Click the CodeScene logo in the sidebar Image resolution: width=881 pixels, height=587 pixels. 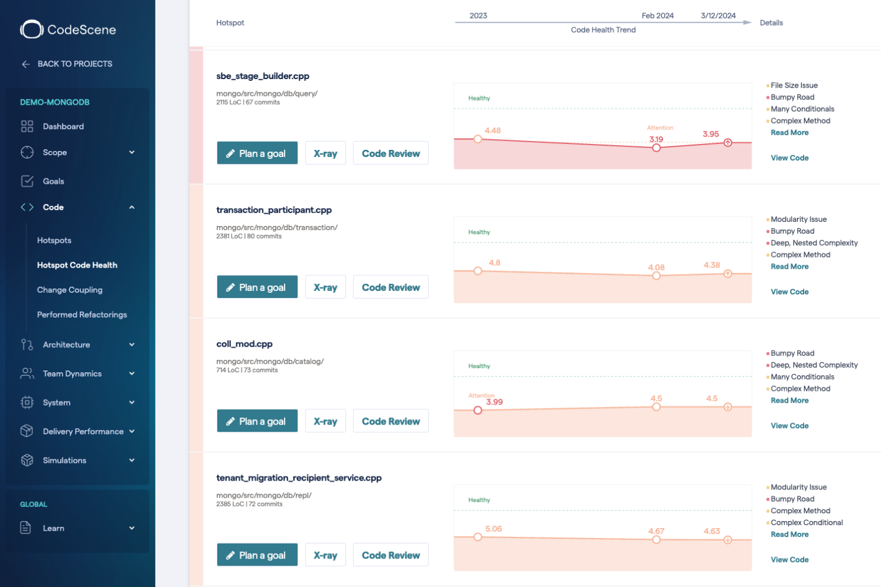tap(68, 30)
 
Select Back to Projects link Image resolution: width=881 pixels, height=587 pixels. tap(74, 64)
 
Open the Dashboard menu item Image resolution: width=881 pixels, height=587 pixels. tap(63, 126)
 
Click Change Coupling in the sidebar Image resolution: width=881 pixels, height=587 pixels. tap(70, 290)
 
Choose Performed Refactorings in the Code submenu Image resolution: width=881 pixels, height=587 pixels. tap(82, 315)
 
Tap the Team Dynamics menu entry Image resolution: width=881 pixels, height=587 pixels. tap(72, 373)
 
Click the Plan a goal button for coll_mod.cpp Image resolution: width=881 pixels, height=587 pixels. tap(257, 421)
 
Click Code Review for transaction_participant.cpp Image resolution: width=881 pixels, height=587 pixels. tap(390, 287)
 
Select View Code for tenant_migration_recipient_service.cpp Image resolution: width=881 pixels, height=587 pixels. tap(789, 560)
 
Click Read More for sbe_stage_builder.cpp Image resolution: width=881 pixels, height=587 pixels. tap(789, 133)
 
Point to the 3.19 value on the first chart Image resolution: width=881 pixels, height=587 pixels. tap(656, 139)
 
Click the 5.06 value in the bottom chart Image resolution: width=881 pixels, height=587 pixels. tap(493, 529)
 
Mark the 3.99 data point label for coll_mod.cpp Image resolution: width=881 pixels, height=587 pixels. tap(494, 402)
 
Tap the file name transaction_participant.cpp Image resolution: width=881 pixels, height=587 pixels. tap(274, 210)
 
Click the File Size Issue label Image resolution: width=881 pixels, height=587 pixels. tap(794, 86)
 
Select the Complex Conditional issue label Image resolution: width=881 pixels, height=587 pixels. tap(807, 523)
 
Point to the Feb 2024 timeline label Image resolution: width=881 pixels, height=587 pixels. tap(657, 16)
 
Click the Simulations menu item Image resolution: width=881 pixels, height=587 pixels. tap(64, 460)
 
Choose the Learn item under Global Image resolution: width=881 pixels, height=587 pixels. tap(54, 528)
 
